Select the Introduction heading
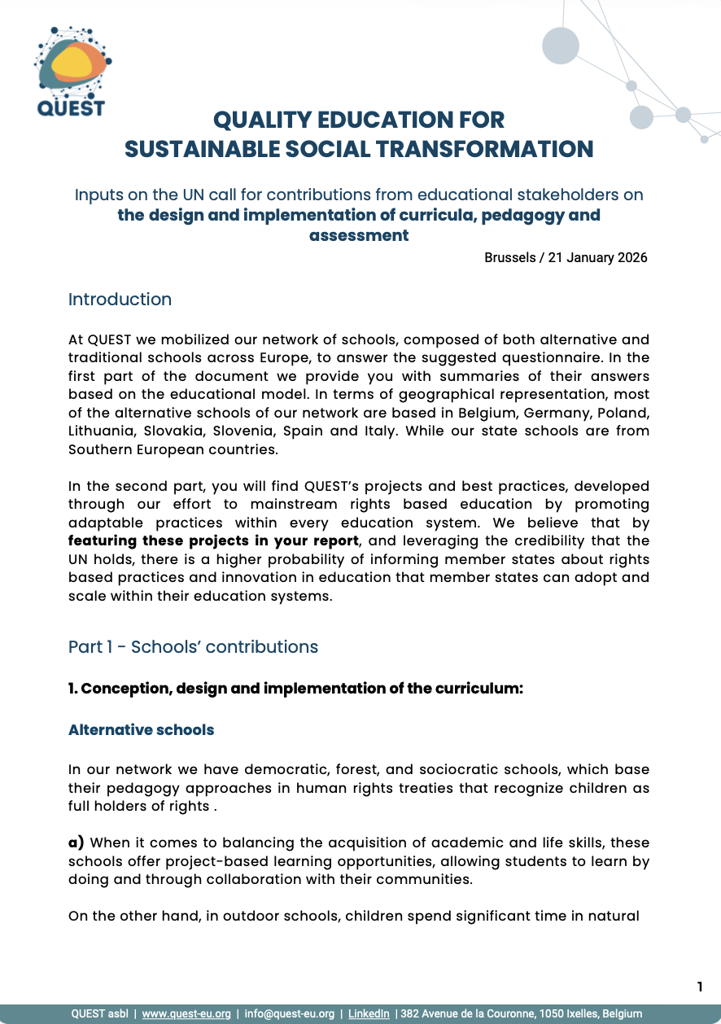point(120,300)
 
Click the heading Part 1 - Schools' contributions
point(193,647)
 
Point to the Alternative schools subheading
point(141,730)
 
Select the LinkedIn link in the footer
point(369,1014)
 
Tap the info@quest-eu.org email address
point(290,1014)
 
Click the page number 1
point(700,987)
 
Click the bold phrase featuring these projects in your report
point(213,540)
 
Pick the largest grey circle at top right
point(561,46)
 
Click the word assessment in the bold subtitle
point(359,235)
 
